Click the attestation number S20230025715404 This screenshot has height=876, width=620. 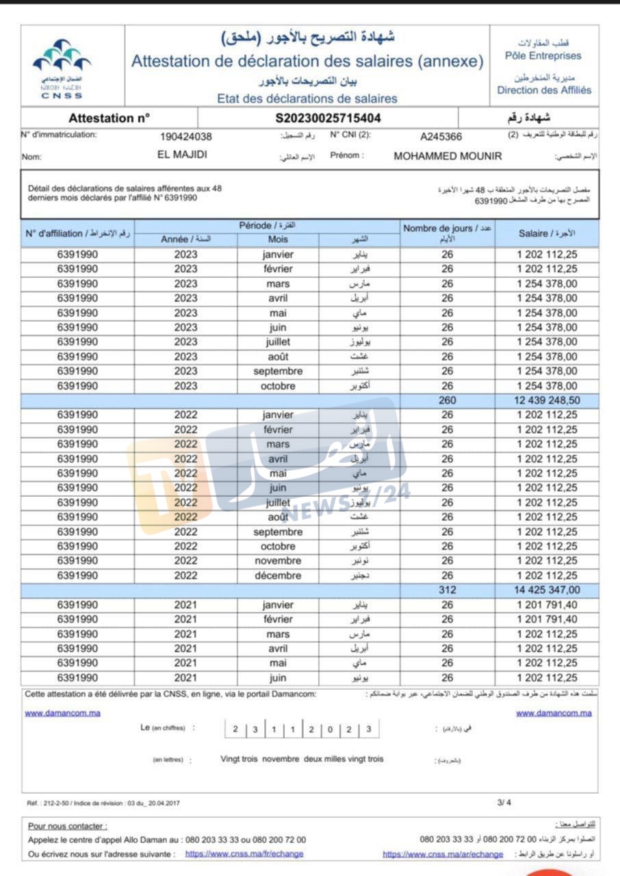click(328, 118)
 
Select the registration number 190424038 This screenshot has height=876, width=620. click(185, 136)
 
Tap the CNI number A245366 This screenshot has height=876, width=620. click(441, 136)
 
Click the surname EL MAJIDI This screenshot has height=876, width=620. click(182, 155)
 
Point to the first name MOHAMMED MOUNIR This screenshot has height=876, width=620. click(448, 156)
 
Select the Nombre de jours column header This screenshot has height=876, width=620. click(447, 233)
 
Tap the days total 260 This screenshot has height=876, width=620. click(447, 400)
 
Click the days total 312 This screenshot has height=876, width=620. click(447, 590)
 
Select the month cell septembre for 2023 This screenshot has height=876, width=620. click(278, 371)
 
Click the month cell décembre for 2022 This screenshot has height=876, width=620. click(278, 576)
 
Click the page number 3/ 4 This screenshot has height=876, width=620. click(504, 803)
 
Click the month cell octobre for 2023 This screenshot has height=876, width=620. click(278, 386)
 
